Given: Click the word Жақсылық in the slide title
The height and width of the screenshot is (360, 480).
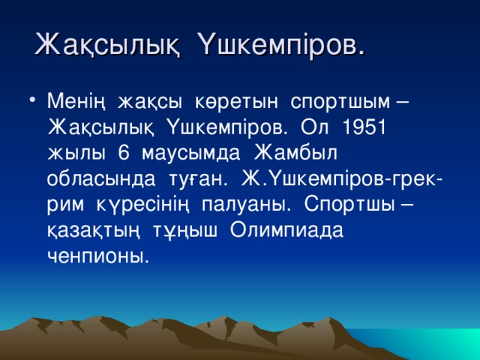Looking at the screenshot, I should click(x=107, y=44).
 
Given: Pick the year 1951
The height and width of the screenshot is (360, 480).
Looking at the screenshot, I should click(x=362, y=126).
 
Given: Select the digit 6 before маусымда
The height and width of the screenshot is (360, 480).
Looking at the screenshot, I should click(x=123, y=152).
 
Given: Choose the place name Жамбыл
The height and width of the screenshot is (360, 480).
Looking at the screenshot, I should click(x=296, y=152).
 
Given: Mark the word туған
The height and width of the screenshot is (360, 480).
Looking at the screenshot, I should click(x=196, y=178).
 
